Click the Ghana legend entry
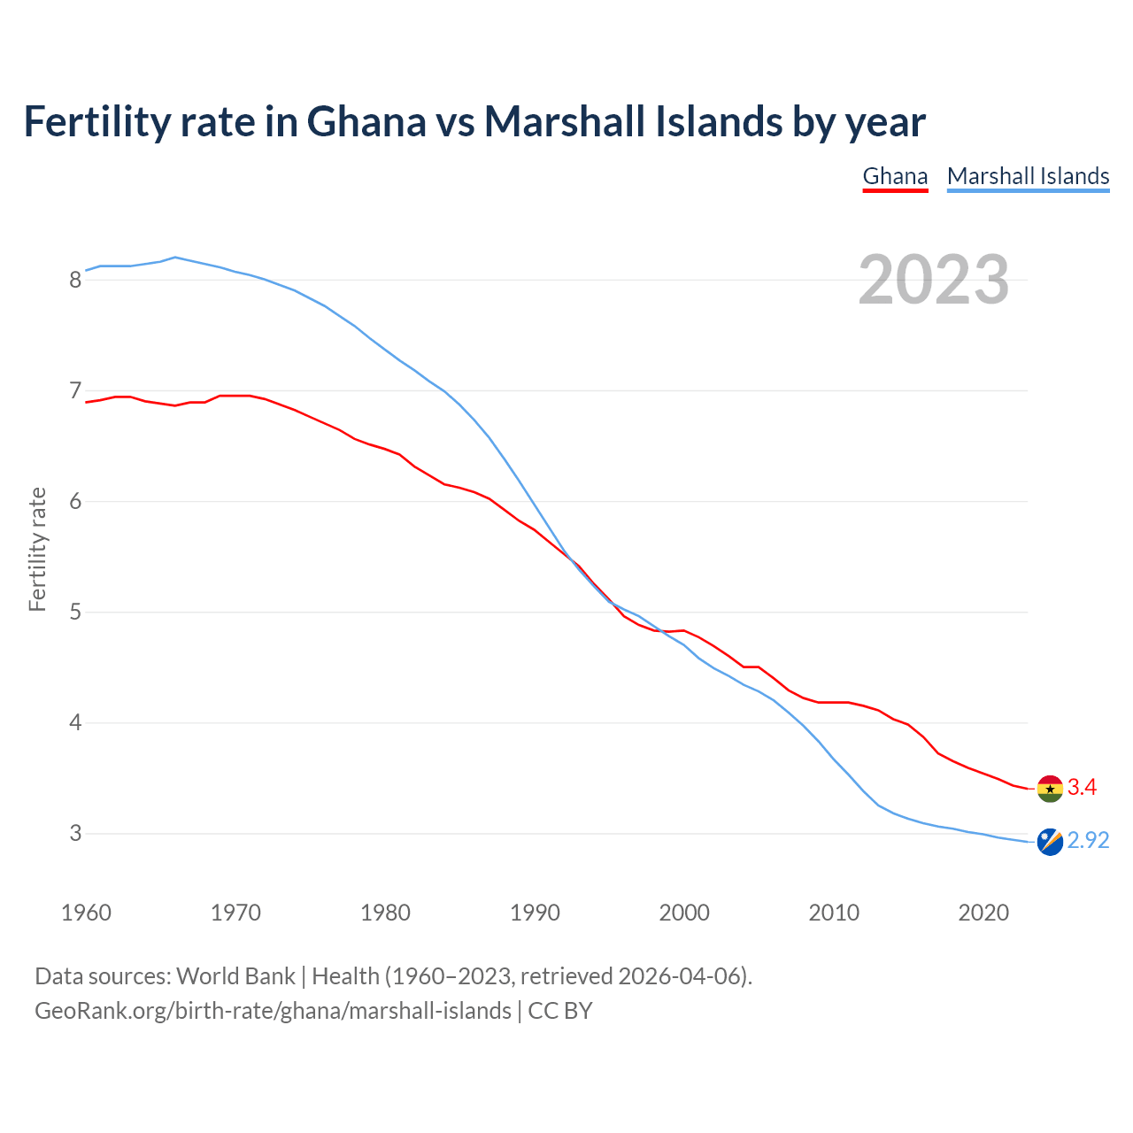pos(895,176)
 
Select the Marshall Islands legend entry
pos(1028,176)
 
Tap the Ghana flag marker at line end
pos(1050,788)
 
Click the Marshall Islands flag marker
pos(1050,842)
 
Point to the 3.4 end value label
pos(1082,787)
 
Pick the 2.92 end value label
pos(1088,840)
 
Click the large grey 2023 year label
pos(934,280)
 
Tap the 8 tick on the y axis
pos(75,281)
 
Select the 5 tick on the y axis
pos(75,613)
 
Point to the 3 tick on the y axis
pos(75,834)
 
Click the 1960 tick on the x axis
pos(86,913)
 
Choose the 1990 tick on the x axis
pos(535,913)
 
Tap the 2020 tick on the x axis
pos(983,913)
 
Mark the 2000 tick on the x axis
pos(684,913)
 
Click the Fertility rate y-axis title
pos(37,549)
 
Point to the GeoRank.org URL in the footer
pos(273,1011)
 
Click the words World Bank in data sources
pos(235,976)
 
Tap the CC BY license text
pos(560,1011)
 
